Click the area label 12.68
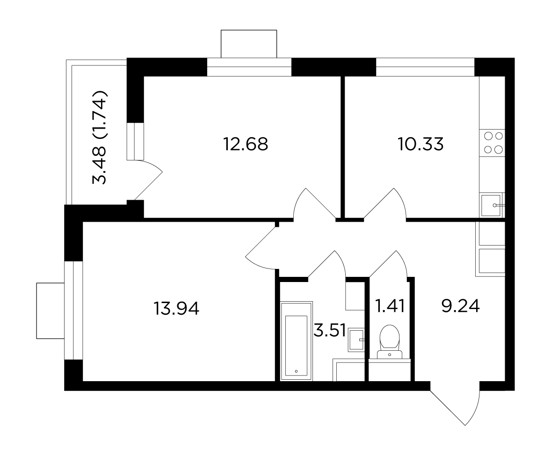point(246,144)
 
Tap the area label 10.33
point(420,144)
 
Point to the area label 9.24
point(460,306)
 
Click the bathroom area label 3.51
point(330,331)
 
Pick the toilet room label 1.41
point(390,306)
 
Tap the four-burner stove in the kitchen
point(493,143)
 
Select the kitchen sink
point(492,205)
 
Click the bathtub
point(297,341)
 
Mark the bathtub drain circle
point(296,371)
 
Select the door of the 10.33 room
point(385,203)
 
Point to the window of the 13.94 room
point(73,310)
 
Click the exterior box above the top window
point(249,44)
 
